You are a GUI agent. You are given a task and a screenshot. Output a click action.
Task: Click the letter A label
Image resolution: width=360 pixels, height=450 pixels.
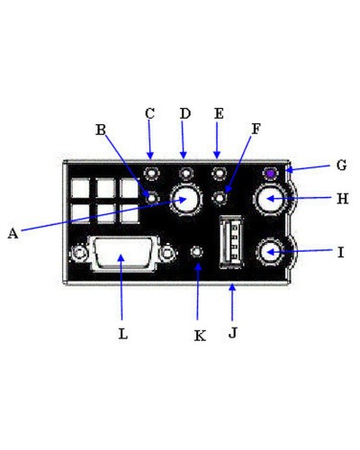point(13,233)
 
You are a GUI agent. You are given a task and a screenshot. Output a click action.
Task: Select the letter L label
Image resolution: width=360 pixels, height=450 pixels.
point(123,333)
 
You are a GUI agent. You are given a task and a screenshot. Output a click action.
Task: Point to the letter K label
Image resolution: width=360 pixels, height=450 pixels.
point(200,335)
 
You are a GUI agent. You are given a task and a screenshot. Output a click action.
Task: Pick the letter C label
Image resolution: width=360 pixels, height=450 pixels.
point(150,113)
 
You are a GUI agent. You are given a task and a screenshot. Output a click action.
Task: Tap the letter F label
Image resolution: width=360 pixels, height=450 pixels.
point(256,129)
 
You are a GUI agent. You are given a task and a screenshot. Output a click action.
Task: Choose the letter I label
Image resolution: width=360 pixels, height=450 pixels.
point(340,253)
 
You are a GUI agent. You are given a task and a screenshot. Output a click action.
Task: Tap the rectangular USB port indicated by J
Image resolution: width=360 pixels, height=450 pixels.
point(229,245)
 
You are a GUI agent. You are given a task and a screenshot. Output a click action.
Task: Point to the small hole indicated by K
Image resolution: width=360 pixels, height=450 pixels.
point(199,253)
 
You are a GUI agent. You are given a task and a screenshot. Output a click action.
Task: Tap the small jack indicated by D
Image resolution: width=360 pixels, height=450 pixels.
point(185,173)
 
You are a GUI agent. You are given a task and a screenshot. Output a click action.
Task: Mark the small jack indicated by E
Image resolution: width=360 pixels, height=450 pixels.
point(218,173)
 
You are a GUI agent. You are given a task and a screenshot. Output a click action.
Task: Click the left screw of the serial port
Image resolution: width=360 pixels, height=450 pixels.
point(81,256)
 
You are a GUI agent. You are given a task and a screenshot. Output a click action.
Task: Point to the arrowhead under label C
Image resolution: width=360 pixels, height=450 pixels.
point(150,154)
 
